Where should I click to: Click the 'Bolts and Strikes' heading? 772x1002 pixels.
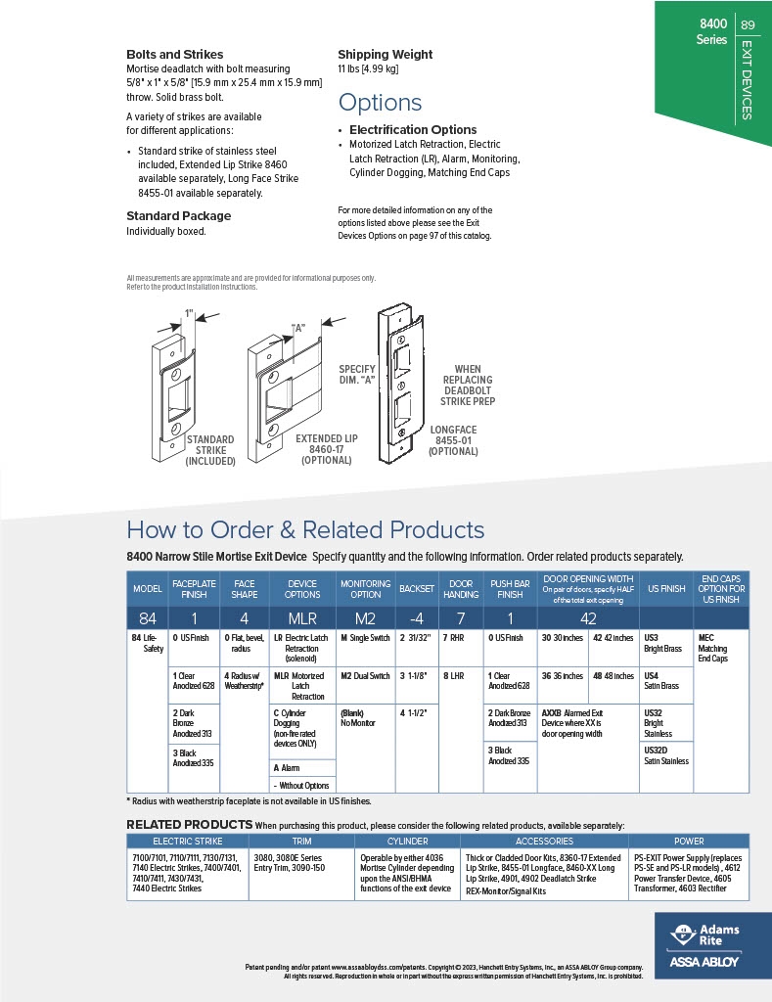coord(174,55)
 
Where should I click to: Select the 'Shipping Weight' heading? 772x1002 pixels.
coord(385,55)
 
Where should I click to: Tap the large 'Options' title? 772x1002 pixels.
coord(380,103)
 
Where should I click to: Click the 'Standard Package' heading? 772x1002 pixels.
coord(178,215)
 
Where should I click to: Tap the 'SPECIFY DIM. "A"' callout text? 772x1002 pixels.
coord(356,375)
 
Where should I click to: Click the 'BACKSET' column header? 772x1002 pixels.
coord(416,589)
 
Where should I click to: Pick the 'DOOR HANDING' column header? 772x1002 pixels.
coord(461,589)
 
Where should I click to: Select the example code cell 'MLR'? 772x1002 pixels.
coord(301,618)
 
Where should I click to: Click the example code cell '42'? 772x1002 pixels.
coord(588,618)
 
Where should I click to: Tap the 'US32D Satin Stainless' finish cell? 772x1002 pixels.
coord(665,754)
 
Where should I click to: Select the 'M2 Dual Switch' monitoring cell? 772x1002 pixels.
coord(364,675)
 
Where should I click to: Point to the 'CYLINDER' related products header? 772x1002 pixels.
coord(407,841)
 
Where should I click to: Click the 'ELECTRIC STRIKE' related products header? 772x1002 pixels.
coord(188,841)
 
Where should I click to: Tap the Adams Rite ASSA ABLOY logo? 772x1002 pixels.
coord(703,945)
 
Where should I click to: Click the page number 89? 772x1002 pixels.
coord(748,25)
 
